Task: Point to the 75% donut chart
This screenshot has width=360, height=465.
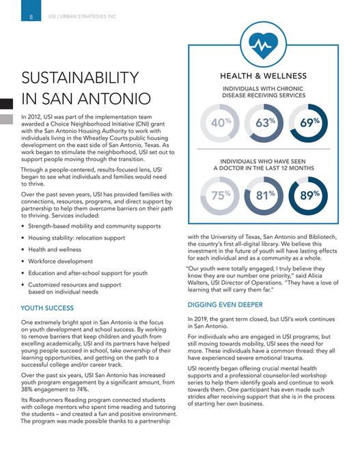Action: click(221, 196)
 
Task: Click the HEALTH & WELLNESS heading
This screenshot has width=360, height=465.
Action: click(263, 76)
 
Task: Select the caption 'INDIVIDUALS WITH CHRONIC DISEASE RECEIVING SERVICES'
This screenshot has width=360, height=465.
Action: click(263, 92)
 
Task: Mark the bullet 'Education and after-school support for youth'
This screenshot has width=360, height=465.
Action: click(88, 272)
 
